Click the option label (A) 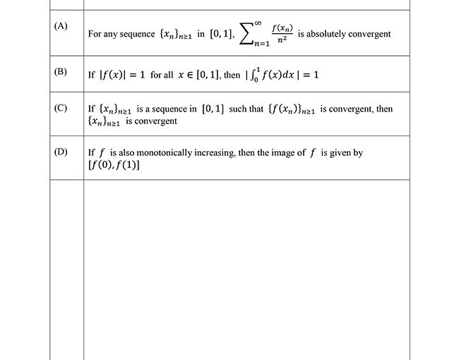[61, 26]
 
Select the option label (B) [61, 71]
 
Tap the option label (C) [61, 108]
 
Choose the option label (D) [61, 152]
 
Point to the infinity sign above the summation [258, 23]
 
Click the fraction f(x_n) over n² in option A [282, 34]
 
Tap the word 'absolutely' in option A [331, 33]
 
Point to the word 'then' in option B [232, 75]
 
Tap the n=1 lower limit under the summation [263, 44]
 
